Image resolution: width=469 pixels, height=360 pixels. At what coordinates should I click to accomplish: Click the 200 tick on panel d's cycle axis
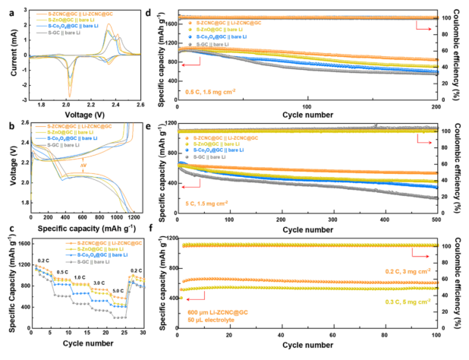[438, 107]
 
